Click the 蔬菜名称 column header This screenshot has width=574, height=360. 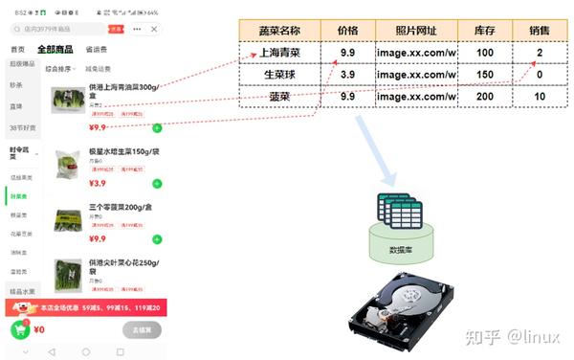pyautogui.click(x=279, y=30)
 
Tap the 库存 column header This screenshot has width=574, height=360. pyautogui.click(x=484, y=30)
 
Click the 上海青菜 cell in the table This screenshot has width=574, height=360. pyautogui.click(x=279, y=53)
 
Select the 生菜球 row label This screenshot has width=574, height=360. pyautogui.click(x=279, y=75)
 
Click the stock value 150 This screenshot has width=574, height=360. pyautogui.click(x=484, y=75)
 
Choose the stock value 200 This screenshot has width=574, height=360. pyautogui.click(x=484, y=97)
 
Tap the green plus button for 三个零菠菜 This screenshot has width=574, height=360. pyautogui.click(x=157, y=238)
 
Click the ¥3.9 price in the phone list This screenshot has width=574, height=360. pyautogui.click(x=98, y=184)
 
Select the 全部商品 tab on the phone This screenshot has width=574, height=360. pyautogui.click(x=55, y=49)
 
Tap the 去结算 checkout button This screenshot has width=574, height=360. pyautogui.click(x=142, y=329)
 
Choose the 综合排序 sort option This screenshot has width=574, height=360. pyautogui.click(x=60, y=69)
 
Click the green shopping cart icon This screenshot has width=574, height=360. pyautogui.click(x=19, y=329)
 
